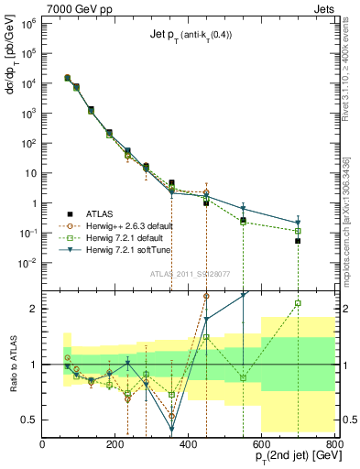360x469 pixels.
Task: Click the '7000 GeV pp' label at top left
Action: click(x=76, y=9)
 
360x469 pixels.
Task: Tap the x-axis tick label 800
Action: click(x=334, y=445)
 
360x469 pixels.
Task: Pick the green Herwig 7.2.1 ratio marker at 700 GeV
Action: click(x=299, y=303)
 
